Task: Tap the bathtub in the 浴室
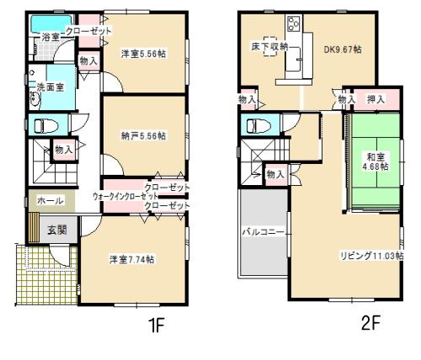pyautogui.click(x=39, y=23)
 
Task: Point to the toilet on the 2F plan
pyautogui.click(x=254, y=127)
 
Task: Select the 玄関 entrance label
pyautogui.click(x=56, y=229)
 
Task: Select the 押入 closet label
pyautogui.click(x=376, y=99)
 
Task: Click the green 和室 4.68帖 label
pyautogui.click(x=376, y=161)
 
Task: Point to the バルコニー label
pyautogui.click(x=262, y=229)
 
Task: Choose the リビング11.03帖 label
pyautogui.click(x=370, y=254)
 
